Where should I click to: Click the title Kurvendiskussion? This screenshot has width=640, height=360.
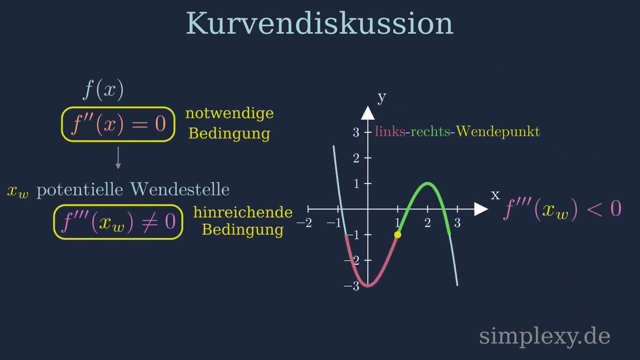tap(319, 23)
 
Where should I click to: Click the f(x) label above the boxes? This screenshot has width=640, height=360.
tap(103, 90)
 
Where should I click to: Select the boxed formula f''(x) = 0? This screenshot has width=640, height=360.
tap(118, 124)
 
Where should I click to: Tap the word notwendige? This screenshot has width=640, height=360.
tap(229, 113)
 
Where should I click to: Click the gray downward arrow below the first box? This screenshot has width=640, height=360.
tap(118, 158)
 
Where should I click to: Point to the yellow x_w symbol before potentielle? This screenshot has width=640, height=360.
tap(18, 191)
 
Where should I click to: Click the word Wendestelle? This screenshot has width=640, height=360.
tap(179, 189)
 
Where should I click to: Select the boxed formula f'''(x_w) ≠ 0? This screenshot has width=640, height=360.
tap(118, 222)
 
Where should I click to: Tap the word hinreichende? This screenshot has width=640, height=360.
tap(243, 212)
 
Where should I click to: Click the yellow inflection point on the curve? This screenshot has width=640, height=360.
tap(397, 234)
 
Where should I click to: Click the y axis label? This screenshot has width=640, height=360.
tap(381, 96)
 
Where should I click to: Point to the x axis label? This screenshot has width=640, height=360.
tap(495, 195)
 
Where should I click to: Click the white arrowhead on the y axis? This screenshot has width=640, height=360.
tap(368, 113)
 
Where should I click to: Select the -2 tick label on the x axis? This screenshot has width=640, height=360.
tap(304, 223)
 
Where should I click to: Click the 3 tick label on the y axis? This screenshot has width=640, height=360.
tap(356, 132)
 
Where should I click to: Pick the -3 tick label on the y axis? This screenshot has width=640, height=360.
tap(352, 286)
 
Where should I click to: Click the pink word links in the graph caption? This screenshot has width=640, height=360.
tap(390, 131)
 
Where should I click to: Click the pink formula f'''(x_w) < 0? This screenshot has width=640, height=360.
tap(562, 208)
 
